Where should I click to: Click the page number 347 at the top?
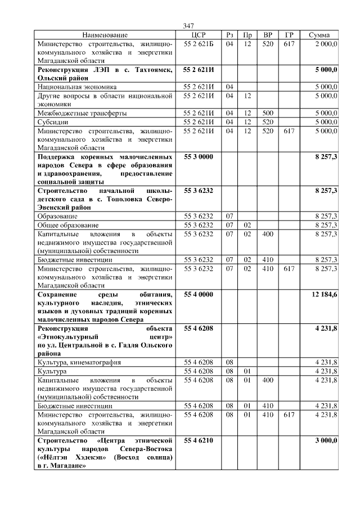pyautogui.click(x=188, y=26)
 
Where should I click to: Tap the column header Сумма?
pyautogui.click(x=323, y=35)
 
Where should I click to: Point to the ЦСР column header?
pyautogui.click(x=199, y=35)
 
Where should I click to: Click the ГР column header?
pyautogui.click(x=289, y=35)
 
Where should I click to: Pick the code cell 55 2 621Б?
pyautogui.click(x=199, y=43)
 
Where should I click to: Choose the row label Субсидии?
pyautogui.click(x=52, y=121)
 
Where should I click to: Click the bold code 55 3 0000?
pyautogui.click(x=199, y=156)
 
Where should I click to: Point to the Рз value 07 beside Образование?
pyautogui.click(x=229, y=216)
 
